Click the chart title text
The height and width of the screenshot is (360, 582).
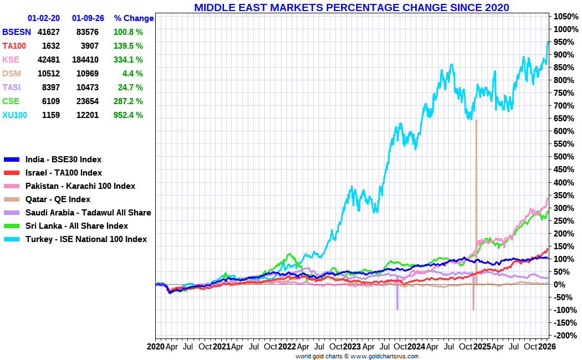pos(351,7)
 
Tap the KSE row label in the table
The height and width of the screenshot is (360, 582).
pos(11,60)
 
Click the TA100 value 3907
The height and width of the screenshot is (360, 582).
pos(89,46)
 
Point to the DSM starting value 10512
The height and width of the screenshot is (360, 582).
pos(48,74)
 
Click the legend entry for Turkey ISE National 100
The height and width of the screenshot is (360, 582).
pos(86,239)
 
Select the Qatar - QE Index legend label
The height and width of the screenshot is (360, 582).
pos(58,199)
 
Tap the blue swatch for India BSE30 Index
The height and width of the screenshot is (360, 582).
pos(12,160)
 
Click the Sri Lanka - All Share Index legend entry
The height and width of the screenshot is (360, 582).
pos(76,226)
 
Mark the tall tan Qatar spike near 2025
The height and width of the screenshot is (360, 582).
pos(476,183)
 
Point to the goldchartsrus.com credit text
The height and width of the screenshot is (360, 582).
pos(357,356)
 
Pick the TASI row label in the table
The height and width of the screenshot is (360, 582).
pos(11,88)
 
